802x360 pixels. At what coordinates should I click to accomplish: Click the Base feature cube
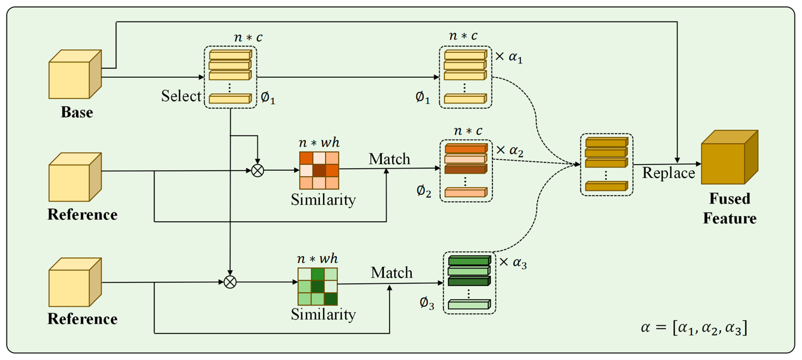(75, 75)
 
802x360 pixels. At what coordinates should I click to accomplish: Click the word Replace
(669, 173)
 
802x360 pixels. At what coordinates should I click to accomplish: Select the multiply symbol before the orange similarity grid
(257, 170)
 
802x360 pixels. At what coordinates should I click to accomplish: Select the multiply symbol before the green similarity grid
(230, 282)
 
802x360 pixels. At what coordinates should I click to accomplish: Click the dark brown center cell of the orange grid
(319, 170)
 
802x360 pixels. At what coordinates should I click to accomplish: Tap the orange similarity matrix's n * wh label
(319, 143)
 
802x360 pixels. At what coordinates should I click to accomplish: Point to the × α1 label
(509, 57)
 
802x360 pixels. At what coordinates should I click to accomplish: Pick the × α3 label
(513, 263)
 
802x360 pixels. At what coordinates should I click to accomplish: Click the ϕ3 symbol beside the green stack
(427, 303)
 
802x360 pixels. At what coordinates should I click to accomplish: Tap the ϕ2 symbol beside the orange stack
(424, 191)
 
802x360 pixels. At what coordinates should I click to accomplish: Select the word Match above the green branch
(391, 273)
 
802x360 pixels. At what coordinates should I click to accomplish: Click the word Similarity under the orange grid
(323, 200)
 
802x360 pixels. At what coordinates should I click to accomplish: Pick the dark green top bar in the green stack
(469, 260)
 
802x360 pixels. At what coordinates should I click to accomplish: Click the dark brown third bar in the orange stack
(466, 169)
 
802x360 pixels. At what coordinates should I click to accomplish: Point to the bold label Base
(77, 112)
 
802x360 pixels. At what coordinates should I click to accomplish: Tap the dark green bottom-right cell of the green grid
(331, 299)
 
